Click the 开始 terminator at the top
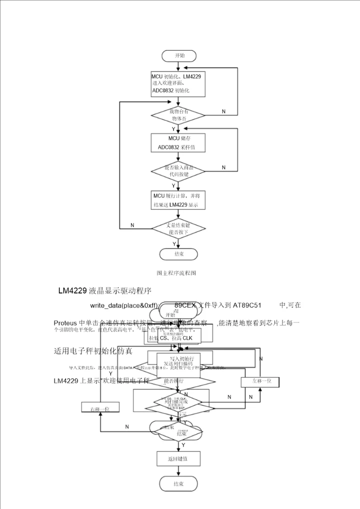[178, 55]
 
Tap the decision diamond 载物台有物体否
[178, 115]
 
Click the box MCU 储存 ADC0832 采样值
[178, 142]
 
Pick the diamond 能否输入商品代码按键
[178, 171]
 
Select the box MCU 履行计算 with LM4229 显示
[178, 200]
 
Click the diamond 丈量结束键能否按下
[178, 229]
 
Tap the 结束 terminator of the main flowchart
[178, 254]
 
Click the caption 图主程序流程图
[176, 273]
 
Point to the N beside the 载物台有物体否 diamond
[223, 111]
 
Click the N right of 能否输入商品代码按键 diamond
[223, 167]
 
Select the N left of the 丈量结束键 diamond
[132, 225]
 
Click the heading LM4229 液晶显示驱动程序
[104, 290]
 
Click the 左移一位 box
[259, 381]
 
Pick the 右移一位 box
[100, 408]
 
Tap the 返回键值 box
[178, 458]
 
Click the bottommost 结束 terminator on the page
[178, 483]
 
